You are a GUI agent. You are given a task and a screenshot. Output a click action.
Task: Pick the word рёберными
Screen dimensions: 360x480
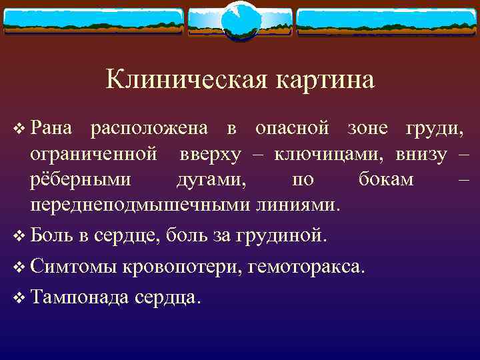pyautogui.click(x=81, y=180)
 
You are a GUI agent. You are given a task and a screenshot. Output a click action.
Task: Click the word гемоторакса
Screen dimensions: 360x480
pyautogui.click(x=307, y=267)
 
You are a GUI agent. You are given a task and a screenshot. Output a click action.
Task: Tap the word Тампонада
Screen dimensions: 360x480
pyautogui.click(x=80, y=298)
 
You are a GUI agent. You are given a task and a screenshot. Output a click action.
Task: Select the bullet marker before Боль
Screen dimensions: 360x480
pyautogui.click(x=18, y=235)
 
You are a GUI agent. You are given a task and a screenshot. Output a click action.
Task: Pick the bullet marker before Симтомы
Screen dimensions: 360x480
pyautogui.click(x=18, y=267)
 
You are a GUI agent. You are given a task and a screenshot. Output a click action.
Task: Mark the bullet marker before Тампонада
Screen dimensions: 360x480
pyautogui.click(x=18, y=299)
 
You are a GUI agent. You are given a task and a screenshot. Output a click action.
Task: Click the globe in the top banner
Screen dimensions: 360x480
pyautogui.click(x=239, y=21)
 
